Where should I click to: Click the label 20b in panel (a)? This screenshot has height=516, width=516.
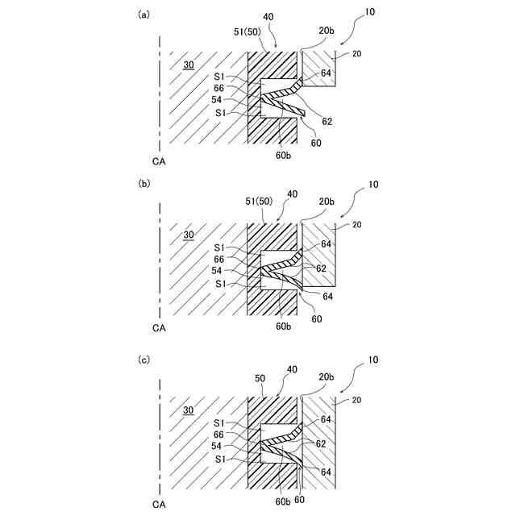tap(326, 31)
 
